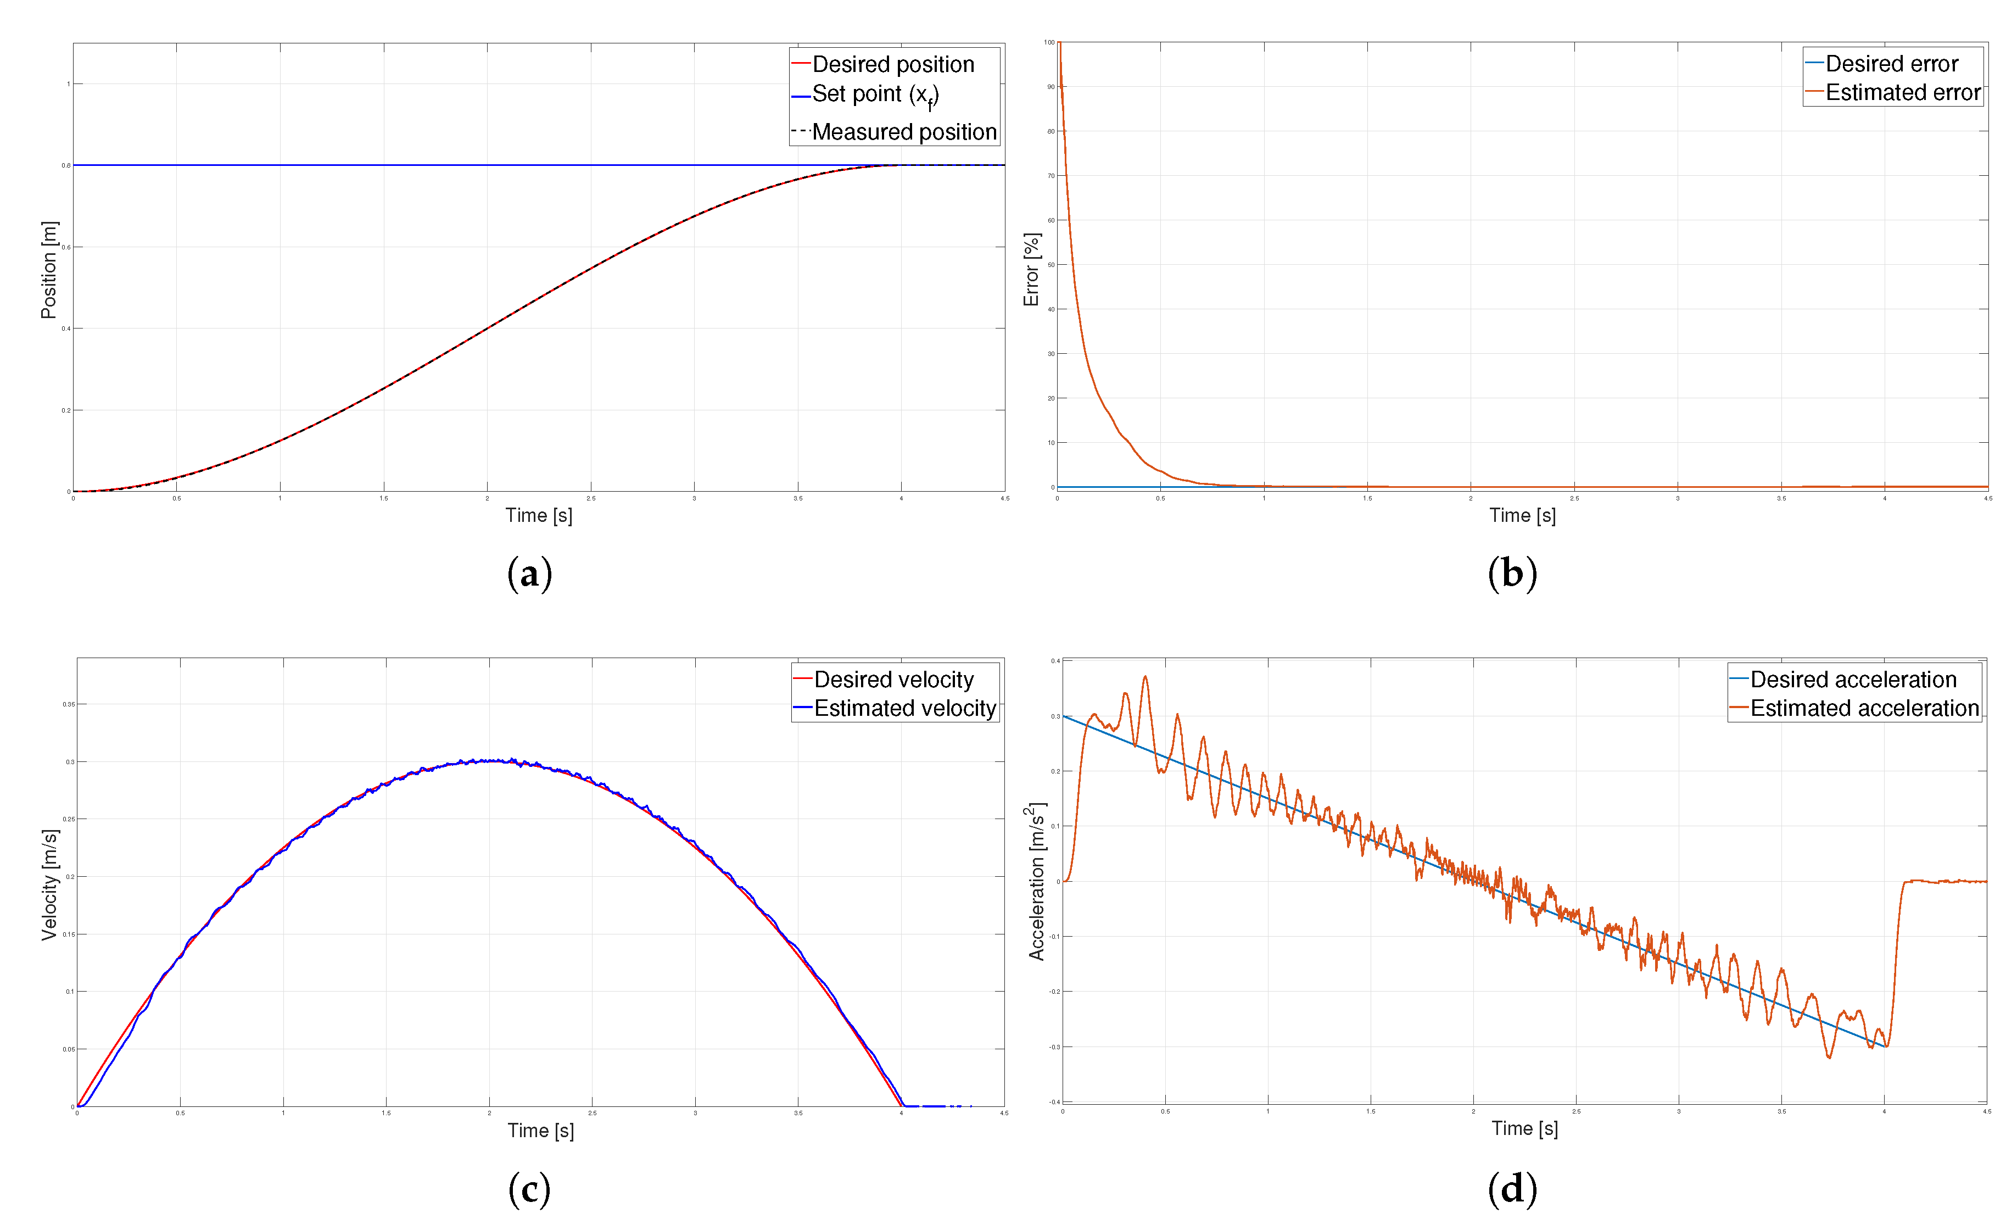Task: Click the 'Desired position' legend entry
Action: point(892,64)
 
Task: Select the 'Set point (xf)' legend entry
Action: point(875,94)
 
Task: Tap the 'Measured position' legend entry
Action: point(904,132)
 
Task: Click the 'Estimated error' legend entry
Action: point(1902,93)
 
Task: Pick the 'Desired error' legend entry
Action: point(1891,64)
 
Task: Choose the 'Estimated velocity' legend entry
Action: point(904,708)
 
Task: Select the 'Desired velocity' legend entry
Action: point(893,680)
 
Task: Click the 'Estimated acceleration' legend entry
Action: point(1864,708)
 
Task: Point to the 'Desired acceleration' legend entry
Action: point(1852,680)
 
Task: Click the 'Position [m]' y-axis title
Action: point(49,270)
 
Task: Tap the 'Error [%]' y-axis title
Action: point(1031,270)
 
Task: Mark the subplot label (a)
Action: point(530,574)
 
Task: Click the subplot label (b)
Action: point(1512,574)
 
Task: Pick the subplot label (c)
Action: point(530,1189)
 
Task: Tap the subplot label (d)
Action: point(1512,1189)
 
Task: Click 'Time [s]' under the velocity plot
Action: point(540,1131)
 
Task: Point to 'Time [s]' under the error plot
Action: point(1522,516)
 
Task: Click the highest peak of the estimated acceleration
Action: point(1146,676)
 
